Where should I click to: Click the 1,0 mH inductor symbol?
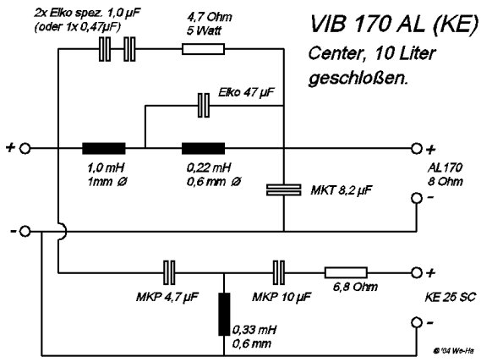pyautogui.click(x=103, y=149)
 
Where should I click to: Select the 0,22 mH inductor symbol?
pyautogui.click(x=204, y=149)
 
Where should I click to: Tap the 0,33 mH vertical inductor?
pyautogui.click(x=224, y=315)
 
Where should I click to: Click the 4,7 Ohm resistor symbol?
pyautogui.click(x=204, y=49)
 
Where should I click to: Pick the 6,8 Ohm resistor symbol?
pyautogui.click(x=346, y=272)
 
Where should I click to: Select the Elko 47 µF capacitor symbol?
pyautogui.click(x=204, y=106)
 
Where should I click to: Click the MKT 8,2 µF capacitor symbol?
pyautogui.click(x=284, y=190)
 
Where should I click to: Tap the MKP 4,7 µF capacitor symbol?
pyautogui.click(x=169, y=272)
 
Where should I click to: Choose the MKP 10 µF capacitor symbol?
pyautogui.click(x=279, y=272)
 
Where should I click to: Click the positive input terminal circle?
pyautogui.click(x=25, y=149)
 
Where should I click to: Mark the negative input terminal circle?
pyautogui.click(x=25, y=232)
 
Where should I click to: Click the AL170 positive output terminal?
pyautogui.click(x=417, y=149)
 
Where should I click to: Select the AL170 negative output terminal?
pyautogui.click(x=417, y=198)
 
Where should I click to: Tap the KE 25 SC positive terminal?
pyautogui.click(x=417, y=272)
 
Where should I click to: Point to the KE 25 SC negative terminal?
pyautogui.click(x=417, y=322)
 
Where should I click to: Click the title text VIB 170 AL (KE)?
pyautogui.click(x=394, y=25)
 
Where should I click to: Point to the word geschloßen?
pyautogui.click(x=358, y=78)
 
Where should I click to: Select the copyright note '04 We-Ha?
pyautogui.click(x=453, y=351)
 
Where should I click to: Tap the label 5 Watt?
pyautogui.click(x=204, y=30)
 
